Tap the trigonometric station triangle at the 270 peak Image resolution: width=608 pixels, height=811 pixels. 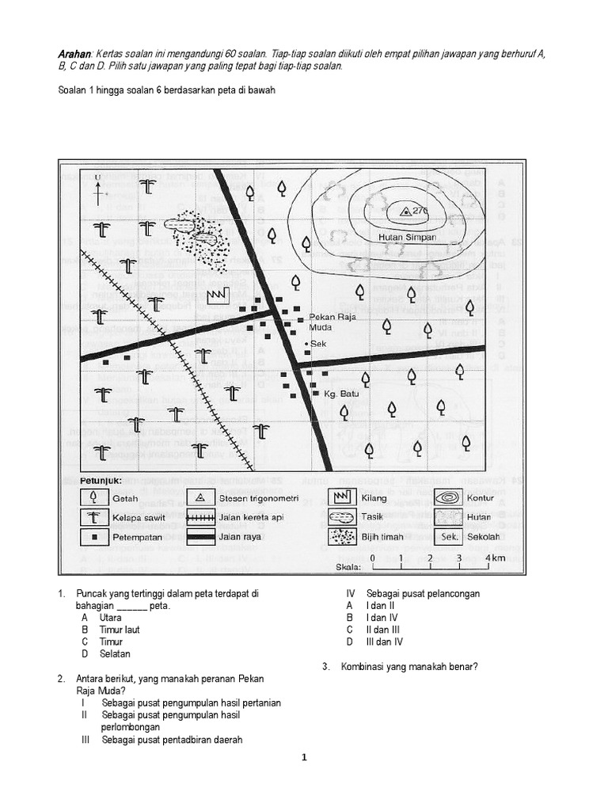[x=405, y=211]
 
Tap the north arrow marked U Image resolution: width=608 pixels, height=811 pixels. [x=97, y=187]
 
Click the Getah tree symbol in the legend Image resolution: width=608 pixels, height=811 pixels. [x=94, y=497]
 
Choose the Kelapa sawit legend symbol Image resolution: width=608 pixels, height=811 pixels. [x=94, y=517]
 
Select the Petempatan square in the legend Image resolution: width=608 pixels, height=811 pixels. [x=94, y=537]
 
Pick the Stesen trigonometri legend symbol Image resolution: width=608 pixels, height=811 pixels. [x=201, y=497]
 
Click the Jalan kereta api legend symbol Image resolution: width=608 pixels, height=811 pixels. [x=201, y=517]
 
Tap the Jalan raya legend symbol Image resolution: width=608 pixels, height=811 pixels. [x=201, y=537]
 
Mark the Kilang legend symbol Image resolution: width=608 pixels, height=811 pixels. [x=341, y=497]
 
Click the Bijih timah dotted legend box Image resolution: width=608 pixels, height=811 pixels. [x=341, y=537]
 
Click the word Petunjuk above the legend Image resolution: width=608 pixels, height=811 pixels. [x=101, y=480]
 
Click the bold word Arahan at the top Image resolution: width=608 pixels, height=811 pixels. [x=75, y=53]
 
